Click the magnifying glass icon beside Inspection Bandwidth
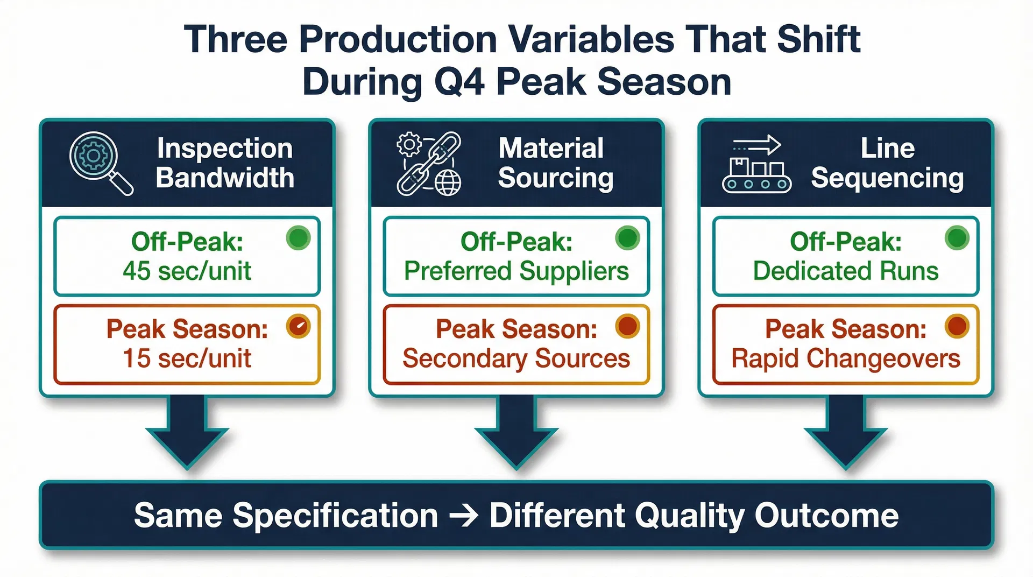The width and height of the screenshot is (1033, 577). coord(100,162)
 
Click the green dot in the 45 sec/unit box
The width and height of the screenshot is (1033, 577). coord(299,238)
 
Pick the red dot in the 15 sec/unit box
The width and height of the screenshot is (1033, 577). coord(299,326)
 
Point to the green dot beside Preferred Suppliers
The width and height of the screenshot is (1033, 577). coord(627,238)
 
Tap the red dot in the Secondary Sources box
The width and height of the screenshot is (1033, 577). coord(627,326)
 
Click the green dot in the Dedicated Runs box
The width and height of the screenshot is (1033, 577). coord(957,238)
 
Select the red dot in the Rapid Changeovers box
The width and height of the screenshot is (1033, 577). coord(957,326)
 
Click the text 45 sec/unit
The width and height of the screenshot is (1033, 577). coord(187,271)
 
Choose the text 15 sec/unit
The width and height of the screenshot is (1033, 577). coord(187,358)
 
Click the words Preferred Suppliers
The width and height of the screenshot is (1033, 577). coord(516,271)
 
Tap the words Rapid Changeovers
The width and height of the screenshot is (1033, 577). coord(845,358)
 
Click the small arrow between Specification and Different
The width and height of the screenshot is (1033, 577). coord(463,516)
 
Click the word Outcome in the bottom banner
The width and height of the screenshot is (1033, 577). coord(826,516)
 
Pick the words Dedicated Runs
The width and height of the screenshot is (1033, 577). coord(845,271)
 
